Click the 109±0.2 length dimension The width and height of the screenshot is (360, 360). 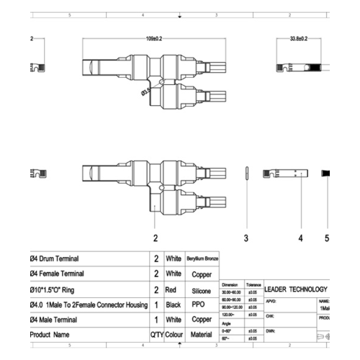(153, 38)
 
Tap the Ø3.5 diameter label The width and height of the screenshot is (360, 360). (145, 91)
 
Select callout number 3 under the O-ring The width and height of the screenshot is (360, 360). (246, 237)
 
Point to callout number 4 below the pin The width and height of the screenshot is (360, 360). (300, 237)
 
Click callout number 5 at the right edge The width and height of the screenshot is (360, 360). (327, 237)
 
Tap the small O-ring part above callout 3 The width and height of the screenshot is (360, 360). (246, 174)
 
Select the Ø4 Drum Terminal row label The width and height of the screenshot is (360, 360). (55, 258)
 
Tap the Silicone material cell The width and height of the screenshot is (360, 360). (202, 290)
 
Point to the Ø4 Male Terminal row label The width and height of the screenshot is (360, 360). (54, 320)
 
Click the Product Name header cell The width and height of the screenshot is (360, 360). (50, 335)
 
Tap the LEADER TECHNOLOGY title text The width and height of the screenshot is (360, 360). (296, 289)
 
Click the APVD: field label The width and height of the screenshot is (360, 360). (271, 302)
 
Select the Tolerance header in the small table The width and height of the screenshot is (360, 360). (254, 285)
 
